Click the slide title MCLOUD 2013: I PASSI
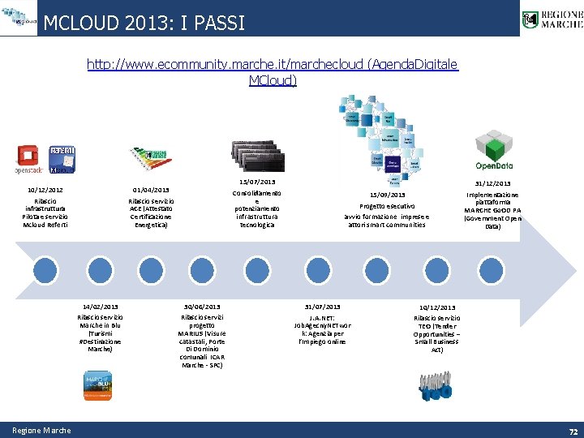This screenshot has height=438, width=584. (144, 22)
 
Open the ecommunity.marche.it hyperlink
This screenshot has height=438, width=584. (273, 71)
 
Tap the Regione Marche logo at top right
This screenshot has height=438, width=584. (552, 19)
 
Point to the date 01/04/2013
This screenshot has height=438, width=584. (150, 191)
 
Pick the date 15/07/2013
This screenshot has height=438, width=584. (257, 182)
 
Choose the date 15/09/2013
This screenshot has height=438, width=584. (387, 195)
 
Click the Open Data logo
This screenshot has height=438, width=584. (493, 152)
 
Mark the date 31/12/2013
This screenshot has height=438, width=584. (492, 183)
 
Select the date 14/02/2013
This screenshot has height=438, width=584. (100, 307)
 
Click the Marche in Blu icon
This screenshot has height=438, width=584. (100, 385)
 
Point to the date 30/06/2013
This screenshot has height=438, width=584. (202, 307)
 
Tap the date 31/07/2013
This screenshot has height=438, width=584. (322, 307)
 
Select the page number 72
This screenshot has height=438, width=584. (573, 431)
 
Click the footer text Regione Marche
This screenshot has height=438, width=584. (41, 431)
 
